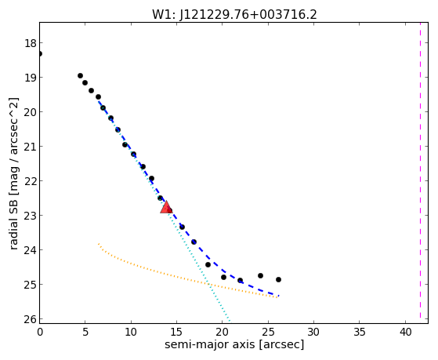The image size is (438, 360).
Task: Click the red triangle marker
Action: (166, 207)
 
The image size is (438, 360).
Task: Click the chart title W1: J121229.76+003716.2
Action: (234, 15)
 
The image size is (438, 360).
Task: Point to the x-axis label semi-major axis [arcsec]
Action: (234, 344)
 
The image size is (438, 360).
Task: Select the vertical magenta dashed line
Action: (420, 170)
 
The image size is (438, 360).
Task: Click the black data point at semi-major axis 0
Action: (40, 53)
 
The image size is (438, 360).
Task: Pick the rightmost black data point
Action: (278, 279)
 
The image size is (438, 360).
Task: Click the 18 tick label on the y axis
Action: (31, 43)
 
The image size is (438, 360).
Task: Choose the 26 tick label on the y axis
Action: (31, 319)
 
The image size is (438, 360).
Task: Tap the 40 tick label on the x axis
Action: (406, 333)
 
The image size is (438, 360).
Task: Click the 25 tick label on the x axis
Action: (269, 333)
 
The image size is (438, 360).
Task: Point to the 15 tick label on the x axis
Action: (177, 333)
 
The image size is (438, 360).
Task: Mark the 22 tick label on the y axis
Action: (31, 181)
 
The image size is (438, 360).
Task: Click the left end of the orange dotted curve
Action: (99, 244)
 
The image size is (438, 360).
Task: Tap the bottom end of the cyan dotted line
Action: (230, 321)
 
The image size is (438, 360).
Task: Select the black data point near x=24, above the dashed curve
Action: (260, 275)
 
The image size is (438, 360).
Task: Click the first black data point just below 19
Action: (80, 75)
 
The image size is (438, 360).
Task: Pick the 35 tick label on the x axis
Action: (360, 333)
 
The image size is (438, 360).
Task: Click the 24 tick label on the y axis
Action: (31, 250)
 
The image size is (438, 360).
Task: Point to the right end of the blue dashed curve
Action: (278, 296)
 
